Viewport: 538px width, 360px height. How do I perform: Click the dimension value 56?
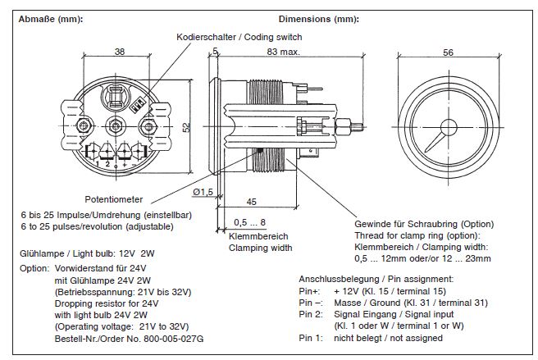[x=448, y=52]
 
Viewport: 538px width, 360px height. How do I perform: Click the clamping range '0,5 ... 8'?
[x=249, y=222]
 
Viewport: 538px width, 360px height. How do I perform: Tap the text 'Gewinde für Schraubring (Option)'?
[x=424, y=222]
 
